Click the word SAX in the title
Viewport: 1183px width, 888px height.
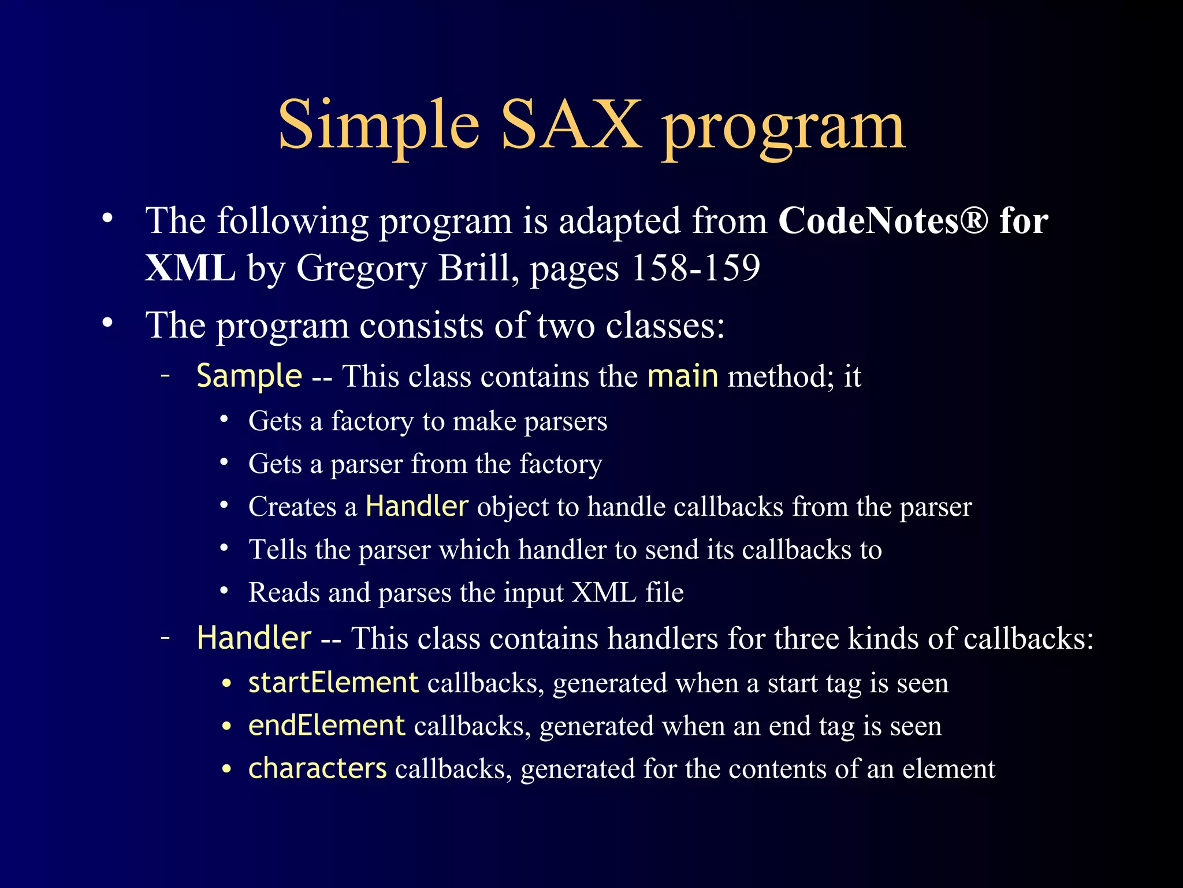coord(571,125)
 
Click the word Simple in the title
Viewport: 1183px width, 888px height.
coord(378,125)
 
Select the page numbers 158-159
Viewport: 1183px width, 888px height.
coord(695,268)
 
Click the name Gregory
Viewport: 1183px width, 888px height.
coord(361,268)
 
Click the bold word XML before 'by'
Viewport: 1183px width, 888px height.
coord(190,268)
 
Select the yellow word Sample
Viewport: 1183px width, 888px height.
coord(249,376)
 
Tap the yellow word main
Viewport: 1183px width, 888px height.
coord(683,376)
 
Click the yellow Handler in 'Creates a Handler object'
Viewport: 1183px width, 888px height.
coord(416,506)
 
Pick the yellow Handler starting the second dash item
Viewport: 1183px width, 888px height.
coord(254,638)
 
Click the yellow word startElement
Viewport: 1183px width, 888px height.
coord(333,682)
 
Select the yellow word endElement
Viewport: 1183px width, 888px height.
coord(326,725)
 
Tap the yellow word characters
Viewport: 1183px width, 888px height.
coord(317,768)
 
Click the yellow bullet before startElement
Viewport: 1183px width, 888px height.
coord(227,684)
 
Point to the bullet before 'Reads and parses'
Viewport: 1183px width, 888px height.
coord(224,591)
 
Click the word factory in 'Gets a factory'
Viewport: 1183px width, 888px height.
coord(372,421)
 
